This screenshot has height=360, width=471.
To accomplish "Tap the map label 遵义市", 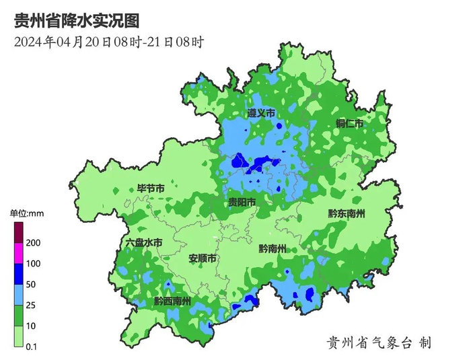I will click(261, 114).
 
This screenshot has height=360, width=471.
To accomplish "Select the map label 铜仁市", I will click(350, 124).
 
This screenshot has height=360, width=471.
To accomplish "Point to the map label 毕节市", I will click(151, 189).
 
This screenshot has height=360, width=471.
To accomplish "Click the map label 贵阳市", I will click(242, 203).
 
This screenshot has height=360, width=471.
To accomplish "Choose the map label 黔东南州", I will click(347, 213).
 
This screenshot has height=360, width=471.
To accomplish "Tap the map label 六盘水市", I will click(144, 242).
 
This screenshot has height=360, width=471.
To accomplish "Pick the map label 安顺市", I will click(202, 258).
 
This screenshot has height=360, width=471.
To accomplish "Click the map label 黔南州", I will click(273, 248).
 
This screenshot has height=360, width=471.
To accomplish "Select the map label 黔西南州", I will click(172, 301).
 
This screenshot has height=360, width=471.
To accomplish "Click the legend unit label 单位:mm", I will click(27, 213).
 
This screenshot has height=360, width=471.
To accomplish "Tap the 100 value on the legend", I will click(34, 264).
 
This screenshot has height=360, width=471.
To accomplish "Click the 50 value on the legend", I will click(31, 285).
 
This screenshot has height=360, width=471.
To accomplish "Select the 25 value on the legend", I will click(31, 305).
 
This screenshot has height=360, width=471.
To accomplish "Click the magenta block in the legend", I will click(18, 253).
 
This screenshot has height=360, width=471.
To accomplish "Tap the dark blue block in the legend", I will click(18, 274).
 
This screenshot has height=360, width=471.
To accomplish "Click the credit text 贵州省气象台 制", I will click(379, 343).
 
